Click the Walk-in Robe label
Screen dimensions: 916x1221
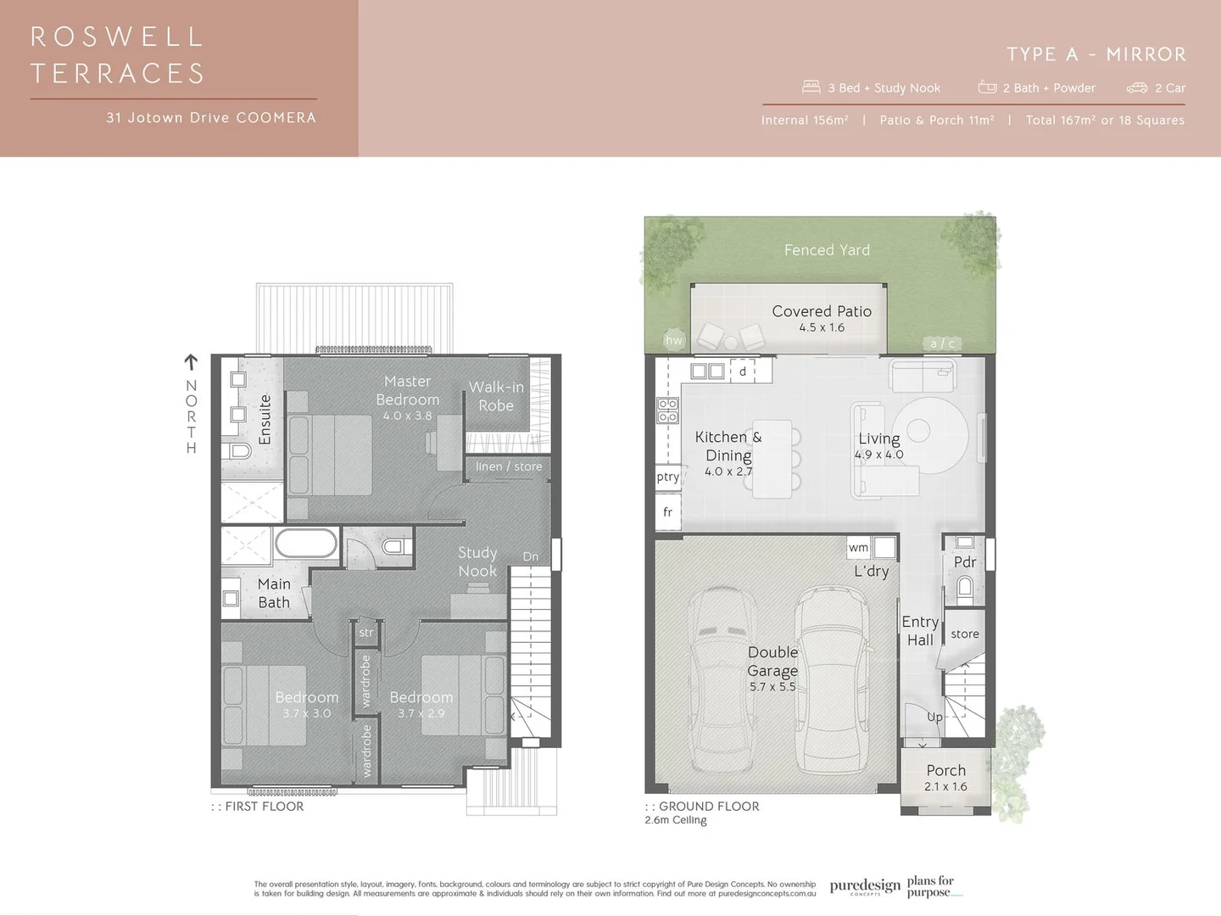[496, 396]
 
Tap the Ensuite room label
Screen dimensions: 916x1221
[265, 419]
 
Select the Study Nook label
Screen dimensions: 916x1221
[477, 561]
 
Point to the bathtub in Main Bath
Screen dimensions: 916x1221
[306, 544]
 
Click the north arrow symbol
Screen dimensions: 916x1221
[191, 362]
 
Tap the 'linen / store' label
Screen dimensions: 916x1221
[509, 466]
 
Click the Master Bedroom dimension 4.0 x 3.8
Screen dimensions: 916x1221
[407, 416]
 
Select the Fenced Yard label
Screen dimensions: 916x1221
[827, 250]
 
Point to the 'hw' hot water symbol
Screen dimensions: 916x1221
[674, 340]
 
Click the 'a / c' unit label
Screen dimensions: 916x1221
[942, 343]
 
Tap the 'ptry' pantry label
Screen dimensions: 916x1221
[667, 477]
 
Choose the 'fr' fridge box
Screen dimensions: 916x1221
[667, 512]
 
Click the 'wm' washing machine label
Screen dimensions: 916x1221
[858, 548]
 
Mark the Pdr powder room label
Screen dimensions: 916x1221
[965, 561]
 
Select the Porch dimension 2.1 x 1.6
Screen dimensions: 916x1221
[945, 786]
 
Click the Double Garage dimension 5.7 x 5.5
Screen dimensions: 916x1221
[772, 687]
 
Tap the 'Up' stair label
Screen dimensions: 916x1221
[934, 717]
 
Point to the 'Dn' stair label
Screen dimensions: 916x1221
[531, 556]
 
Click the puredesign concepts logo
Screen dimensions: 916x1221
[865, 886]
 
